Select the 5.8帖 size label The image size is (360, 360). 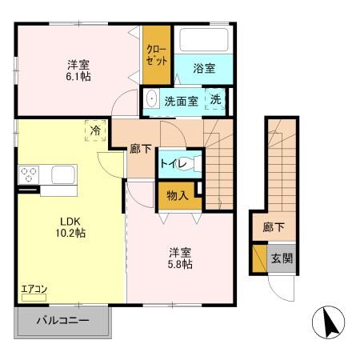[178, 264]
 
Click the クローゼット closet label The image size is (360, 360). [156, 55]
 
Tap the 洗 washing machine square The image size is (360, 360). [216, 100]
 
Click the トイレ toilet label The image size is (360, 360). [174, 164]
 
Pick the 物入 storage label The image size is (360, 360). [178, 194]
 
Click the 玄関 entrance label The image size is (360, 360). [281, 258]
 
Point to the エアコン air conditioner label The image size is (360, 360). [30, 286]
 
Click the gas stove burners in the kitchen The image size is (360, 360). [30, 174]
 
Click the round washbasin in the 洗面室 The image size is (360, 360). [152, 102]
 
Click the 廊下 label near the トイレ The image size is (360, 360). [141, 148]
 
